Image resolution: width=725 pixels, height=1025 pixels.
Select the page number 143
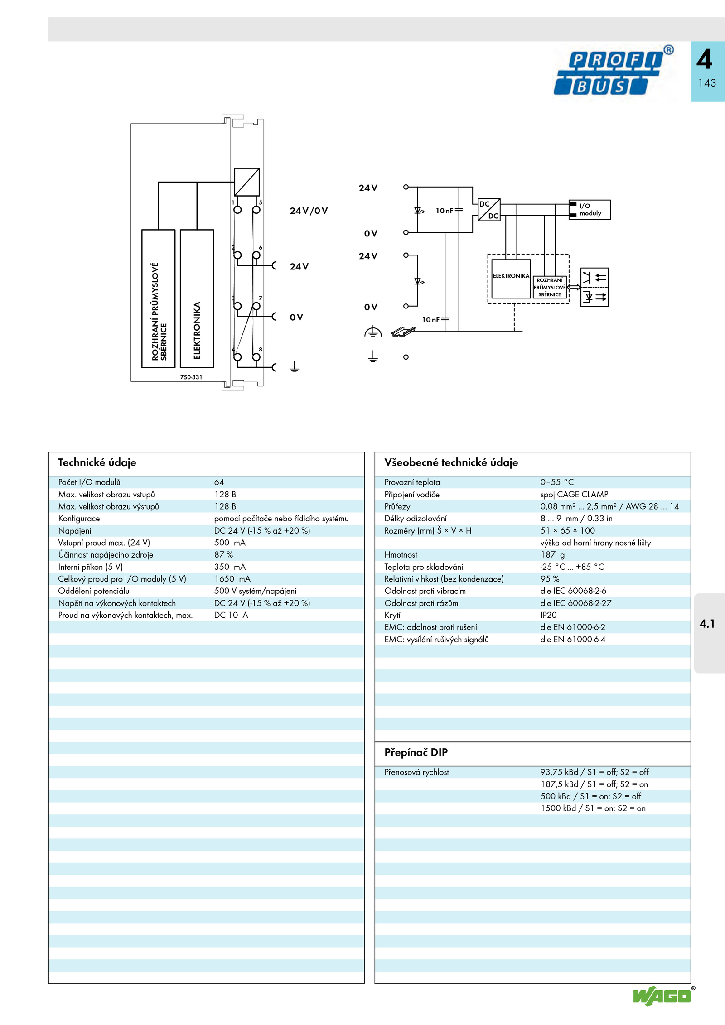point(707,83)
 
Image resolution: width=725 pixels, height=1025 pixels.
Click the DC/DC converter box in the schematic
point(489,210)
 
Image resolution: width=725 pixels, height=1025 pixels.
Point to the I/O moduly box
point(590,210)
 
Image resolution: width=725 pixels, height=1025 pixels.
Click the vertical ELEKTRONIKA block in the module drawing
point(197,298)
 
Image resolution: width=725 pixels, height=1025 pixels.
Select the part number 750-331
point(191,377)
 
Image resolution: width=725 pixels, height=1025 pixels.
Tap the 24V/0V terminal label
point(309,211)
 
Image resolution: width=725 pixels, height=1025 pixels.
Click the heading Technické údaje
point(97,462)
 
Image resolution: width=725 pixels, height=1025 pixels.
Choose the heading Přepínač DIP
point(416,752)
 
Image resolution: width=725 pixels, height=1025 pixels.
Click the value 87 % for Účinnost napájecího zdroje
point(223,554)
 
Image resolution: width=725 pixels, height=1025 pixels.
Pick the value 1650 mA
point(232,579)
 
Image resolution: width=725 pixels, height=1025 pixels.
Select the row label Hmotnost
point(401,555)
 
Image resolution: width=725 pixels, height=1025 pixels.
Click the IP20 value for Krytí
point(548,615)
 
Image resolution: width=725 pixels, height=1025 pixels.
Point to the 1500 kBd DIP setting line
point(593,808)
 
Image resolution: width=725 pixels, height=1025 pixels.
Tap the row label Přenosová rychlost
point(416,772)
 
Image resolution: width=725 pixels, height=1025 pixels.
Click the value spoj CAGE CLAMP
point(574,495)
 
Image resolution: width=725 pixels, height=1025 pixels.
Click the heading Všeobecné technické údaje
point(451,462)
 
